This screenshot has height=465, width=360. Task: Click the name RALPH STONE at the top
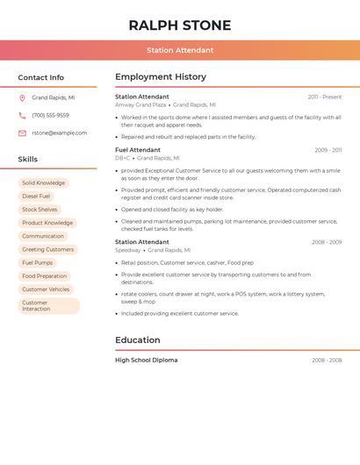pos(180,25)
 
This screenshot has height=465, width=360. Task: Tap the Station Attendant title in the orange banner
pos(180,50)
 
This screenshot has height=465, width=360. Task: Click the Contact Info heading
pos(41,77)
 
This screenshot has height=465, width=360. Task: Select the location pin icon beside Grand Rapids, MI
pos(22,98)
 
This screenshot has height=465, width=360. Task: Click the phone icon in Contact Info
pos(22,116)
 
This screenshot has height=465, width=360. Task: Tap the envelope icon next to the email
pos(22,133)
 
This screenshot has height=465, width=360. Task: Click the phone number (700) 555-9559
pos(50,116)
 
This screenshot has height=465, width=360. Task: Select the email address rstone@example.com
pos(59,133)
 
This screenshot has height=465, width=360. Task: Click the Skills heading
pos(28,159)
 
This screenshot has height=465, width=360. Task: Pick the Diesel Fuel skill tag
pos(36,197)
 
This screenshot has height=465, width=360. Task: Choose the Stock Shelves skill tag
pos(40,210)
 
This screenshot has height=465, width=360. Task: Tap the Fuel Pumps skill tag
pos(37,262)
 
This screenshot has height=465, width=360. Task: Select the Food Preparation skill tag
pos(44,275)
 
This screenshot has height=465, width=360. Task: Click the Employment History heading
pos(161,77)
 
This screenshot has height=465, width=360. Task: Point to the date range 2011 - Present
pos(325,97)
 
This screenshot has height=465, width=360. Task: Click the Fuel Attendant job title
pos(138,150)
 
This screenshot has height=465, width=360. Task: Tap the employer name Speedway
pos(127,250)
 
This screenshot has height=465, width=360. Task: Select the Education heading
pos(138,340)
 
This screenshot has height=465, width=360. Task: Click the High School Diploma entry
pos(147,360)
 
